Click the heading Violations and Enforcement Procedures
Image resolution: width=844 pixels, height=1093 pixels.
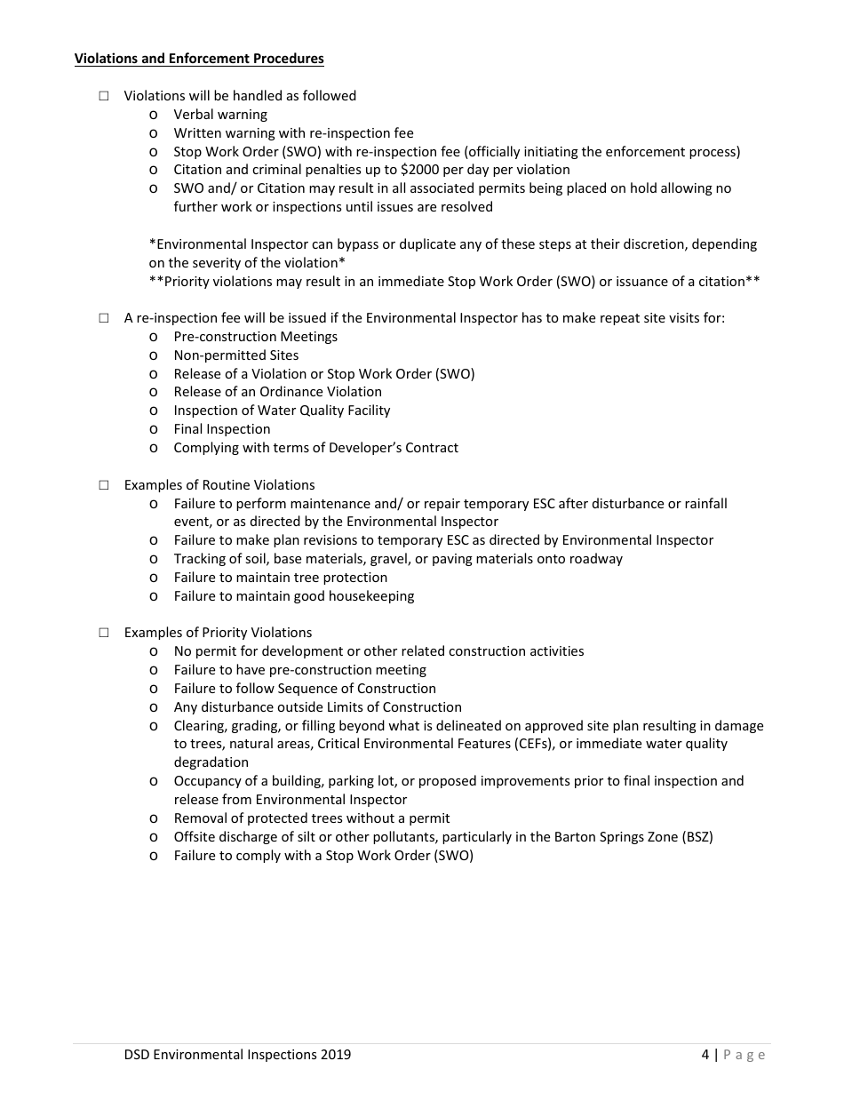(x=199, y=59)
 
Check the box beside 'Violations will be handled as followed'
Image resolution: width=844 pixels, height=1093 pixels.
(x=104, y=96)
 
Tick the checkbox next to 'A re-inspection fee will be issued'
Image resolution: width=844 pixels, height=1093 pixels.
(x=104, y=318)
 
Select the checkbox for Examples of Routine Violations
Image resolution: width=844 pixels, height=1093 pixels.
(x=104, y=485)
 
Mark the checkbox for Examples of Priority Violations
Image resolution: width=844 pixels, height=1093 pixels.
(x=104, y=633)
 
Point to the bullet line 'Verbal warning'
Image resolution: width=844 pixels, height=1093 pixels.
(x=220, y=115)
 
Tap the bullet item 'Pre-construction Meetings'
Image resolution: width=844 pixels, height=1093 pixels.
(x=256, y=337)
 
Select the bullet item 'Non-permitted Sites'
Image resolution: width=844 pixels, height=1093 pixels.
(x=236, y=355)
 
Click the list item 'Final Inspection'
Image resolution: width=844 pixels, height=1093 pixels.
(x=222, y=429)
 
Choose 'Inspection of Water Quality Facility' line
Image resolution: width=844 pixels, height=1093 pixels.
(x=282, y=411)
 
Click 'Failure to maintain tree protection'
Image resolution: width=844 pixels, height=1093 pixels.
(x=281, y=578)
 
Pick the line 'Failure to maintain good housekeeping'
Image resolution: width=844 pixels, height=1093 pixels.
(x=294, y=596)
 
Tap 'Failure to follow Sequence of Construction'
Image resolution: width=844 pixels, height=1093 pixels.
(x=305, y=689)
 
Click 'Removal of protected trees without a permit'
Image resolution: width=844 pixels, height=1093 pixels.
(x=312, y=818)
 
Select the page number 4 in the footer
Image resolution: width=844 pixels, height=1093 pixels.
(x=705, y=1055)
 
